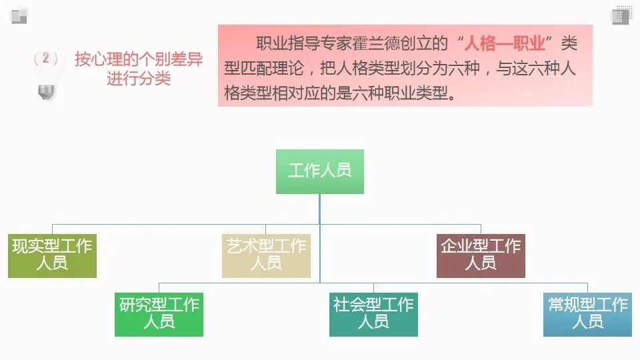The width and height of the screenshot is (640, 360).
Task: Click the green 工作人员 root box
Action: click(x=320, y=171)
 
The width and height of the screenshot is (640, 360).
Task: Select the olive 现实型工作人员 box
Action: click(x=52, y=255)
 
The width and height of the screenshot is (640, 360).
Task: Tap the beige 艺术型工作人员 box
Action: click(x=266, y=255)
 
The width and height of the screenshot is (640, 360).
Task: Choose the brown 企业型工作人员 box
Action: click(x=481, y=255)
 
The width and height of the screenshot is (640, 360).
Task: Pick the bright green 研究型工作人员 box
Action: click(x=159, y=314)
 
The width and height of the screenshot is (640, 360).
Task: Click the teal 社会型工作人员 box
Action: click(x=373, y=314)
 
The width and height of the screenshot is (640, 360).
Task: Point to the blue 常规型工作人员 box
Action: click(x=587, y=314)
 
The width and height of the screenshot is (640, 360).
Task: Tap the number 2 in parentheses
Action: click(x=45, y=59)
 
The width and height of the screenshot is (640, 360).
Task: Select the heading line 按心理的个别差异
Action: click(x=139, y=59)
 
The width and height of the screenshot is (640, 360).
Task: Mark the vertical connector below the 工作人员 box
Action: click(x=320, y=208)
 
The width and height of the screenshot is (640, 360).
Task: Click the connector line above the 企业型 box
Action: click(x=481, y=229)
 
